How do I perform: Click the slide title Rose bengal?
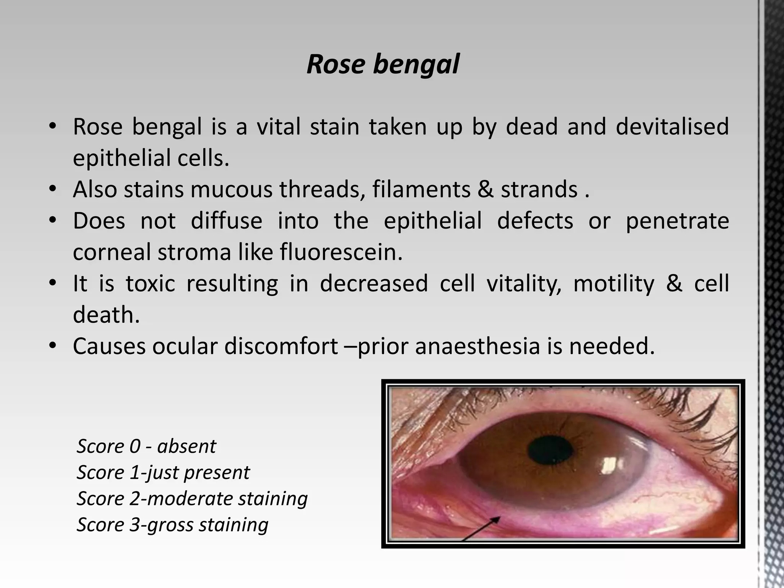tap(383, 64)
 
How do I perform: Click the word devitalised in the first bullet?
tap(672, 127)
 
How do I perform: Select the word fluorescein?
tap(341, 252)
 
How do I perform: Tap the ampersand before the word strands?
tap(485, 189)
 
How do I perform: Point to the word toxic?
tap(150, 284)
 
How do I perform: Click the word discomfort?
tap(281, 346)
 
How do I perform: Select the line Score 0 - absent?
tap(146, 446)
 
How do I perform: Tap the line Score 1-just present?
tap(163, 472)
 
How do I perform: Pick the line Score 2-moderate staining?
tap(192, 498)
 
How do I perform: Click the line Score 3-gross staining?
tap(172, 524)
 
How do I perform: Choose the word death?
tap(106, 315)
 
